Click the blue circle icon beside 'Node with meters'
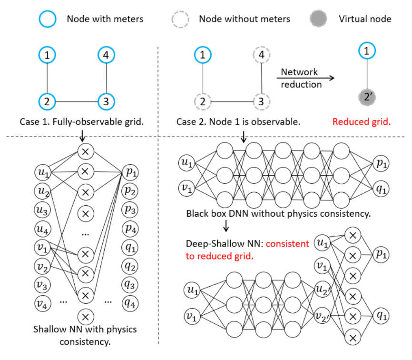click(48, 19)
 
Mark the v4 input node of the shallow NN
click(42, 301)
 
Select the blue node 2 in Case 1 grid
click(47, 101)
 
